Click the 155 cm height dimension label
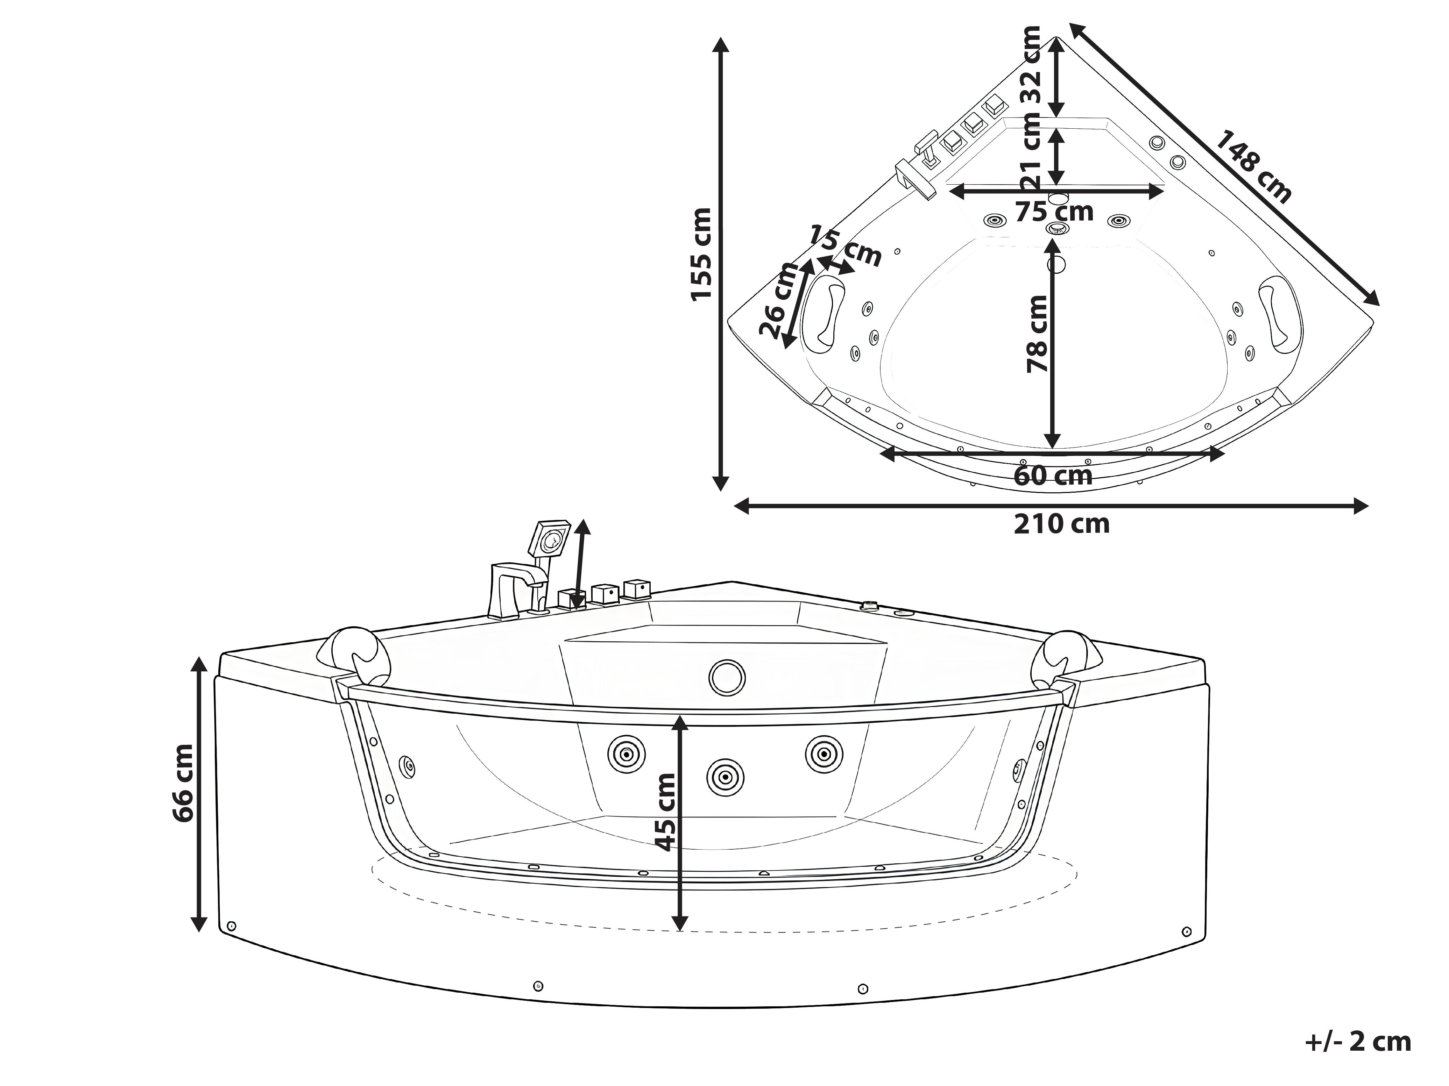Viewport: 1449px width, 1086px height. click(701, 254)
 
